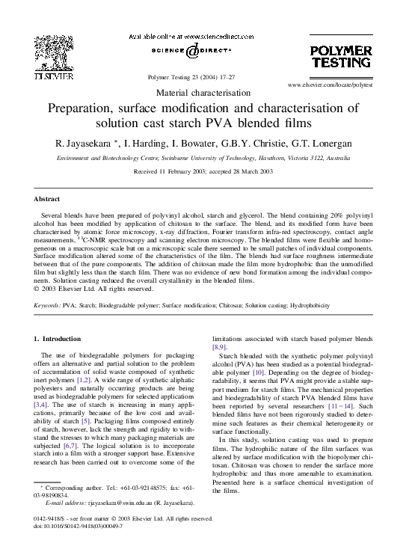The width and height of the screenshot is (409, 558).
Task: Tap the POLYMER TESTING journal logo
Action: [x=340, y=57]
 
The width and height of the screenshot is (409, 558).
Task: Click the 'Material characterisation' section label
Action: [x=203, y=93]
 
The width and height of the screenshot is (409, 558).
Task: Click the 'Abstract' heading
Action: [x=47, y=199]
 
